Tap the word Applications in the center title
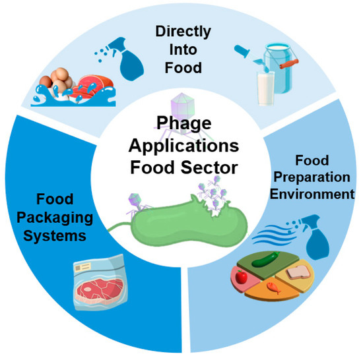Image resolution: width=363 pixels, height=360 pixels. [x=184, y=147]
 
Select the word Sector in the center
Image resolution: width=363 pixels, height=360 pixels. [x=209, y=167]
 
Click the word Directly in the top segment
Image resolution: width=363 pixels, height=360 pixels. [x=183, y=32]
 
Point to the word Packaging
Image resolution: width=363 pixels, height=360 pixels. [x=55, y=218]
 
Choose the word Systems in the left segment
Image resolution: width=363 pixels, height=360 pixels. [x=55, y=236]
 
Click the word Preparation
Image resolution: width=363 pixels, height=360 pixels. [x=312, y=178]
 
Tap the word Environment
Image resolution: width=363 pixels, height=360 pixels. [x=312, y=195]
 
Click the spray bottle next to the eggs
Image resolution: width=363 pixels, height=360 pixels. [x=125, y=59]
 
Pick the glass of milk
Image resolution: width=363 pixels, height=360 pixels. [x=266, y=88]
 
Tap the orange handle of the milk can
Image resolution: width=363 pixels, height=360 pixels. [x=289, y=63]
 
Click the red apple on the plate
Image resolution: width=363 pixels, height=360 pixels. [x=242, y=277]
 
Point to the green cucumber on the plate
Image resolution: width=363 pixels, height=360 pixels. [x=265, y=259]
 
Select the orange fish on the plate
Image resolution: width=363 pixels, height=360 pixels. [x=274, y=287]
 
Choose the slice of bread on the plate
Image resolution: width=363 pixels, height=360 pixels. [x=298, y=272]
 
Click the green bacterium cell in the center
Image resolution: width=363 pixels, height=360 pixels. [x=189, y=223]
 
